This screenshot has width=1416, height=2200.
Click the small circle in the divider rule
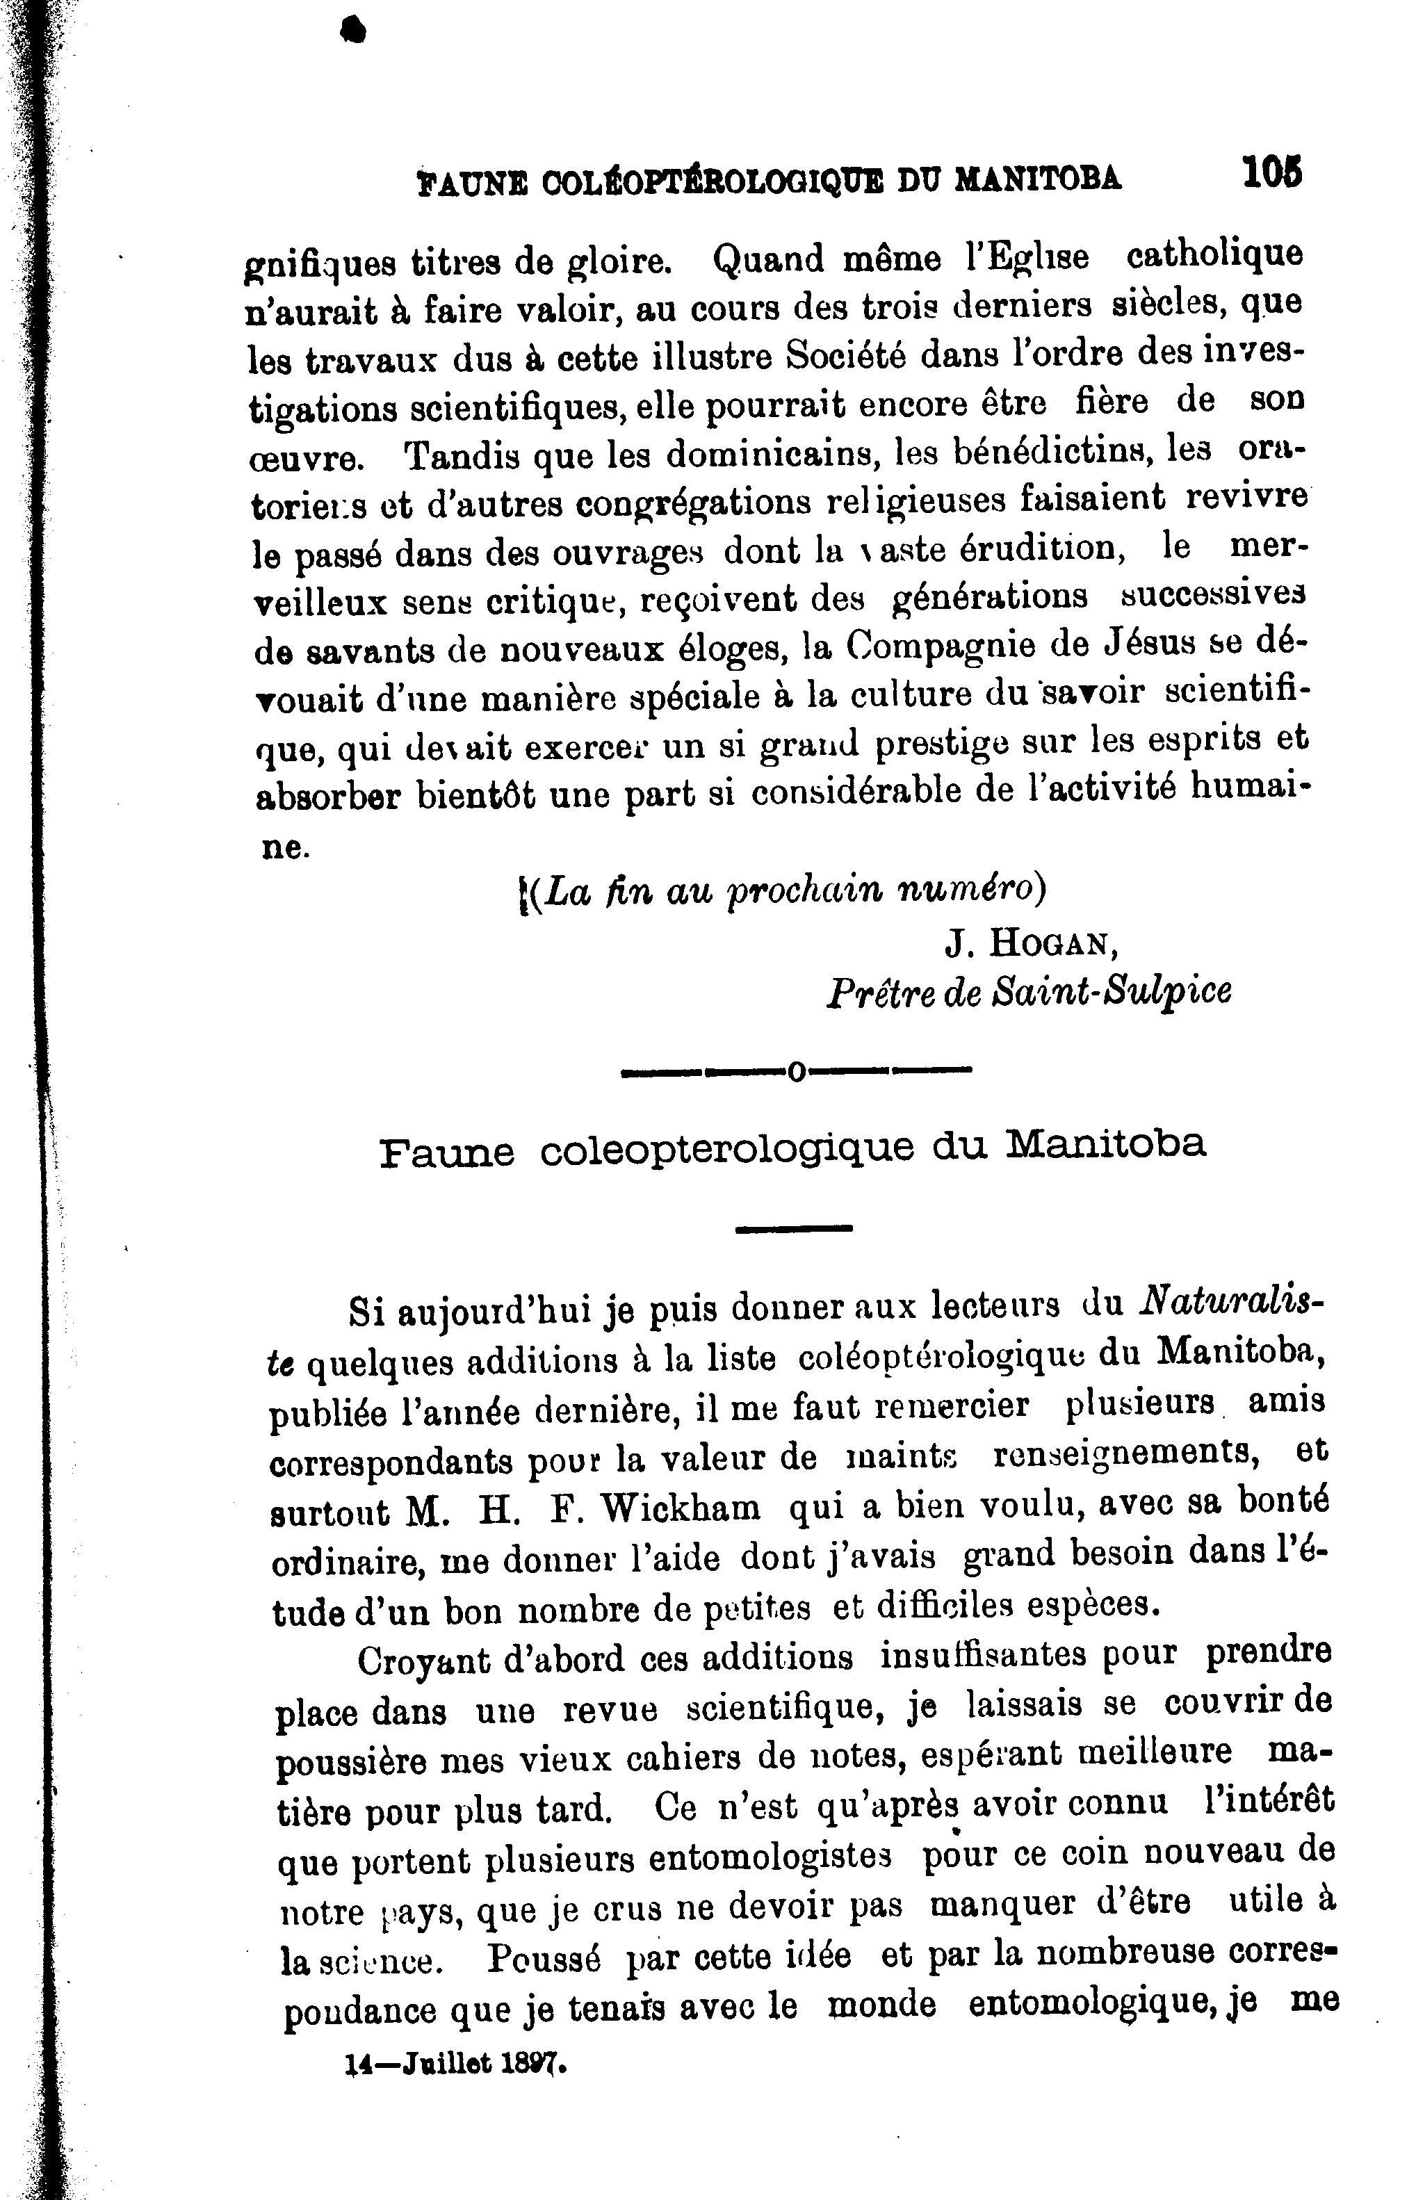(796, 1070)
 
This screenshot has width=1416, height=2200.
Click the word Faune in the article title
(447, 1150)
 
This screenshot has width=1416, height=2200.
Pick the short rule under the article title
(795, 1228)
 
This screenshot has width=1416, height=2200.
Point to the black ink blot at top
(352, 32)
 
